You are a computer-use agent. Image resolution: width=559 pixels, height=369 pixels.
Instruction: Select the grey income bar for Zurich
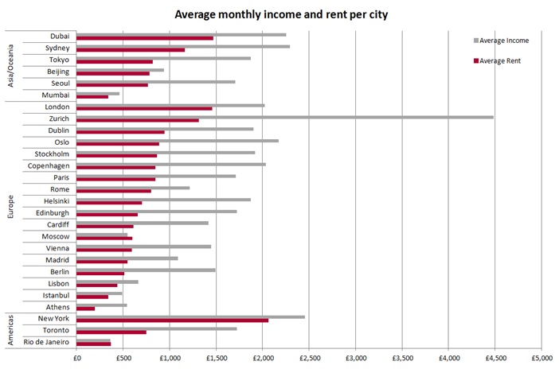point(285,117)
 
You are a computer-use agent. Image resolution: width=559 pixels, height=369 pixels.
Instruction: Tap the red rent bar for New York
point(172,320)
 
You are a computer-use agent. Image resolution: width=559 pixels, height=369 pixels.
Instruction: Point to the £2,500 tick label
point(309,358)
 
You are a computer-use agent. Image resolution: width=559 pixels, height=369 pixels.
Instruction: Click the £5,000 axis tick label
point(541,358)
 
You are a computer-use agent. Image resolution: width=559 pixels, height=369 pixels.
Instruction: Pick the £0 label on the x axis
point(77,358)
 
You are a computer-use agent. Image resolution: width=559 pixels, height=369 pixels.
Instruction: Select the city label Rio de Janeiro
point(46,342)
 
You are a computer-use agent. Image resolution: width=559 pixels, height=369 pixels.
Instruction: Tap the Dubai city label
point(59,37)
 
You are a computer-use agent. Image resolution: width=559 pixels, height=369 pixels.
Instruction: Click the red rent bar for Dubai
point(145,38)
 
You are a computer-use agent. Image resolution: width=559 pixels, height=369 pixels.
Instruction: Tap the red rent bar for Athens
point(86,309)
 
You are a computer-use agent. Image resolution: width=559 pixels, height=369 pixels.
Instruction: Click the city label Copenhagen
point(47,165)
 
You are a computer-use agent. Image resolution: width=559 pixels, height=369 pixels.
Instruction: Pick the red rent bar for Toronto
point(111,332)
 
